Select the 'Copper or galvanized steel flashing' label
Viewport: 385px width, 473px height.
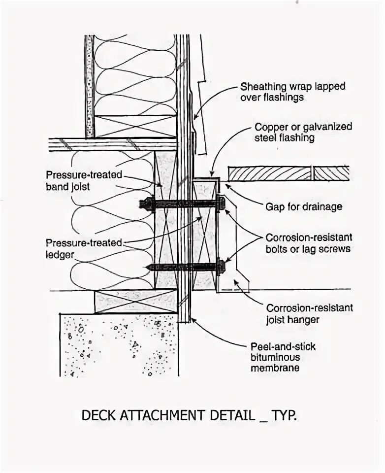click(303, 132)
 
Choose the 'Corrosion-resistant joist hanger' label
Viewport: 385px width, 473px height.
click(309, 314)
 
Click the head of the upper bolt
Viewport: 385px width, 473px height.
click(221, 202)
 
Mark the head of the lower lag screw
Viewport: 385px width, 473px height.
click(221, 267)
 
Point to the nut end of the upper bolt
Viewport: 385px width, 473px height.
click(145, 203)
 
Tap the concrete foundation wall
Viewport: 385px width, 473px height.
click(118, 345)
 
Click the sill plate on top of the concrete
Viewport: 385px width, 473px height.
click(135, 302)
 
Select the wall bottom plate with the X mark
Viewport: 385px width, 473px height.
click(135, 126)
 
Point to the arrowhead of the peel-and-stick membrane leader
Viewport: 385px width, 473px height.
click(192, 320)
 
